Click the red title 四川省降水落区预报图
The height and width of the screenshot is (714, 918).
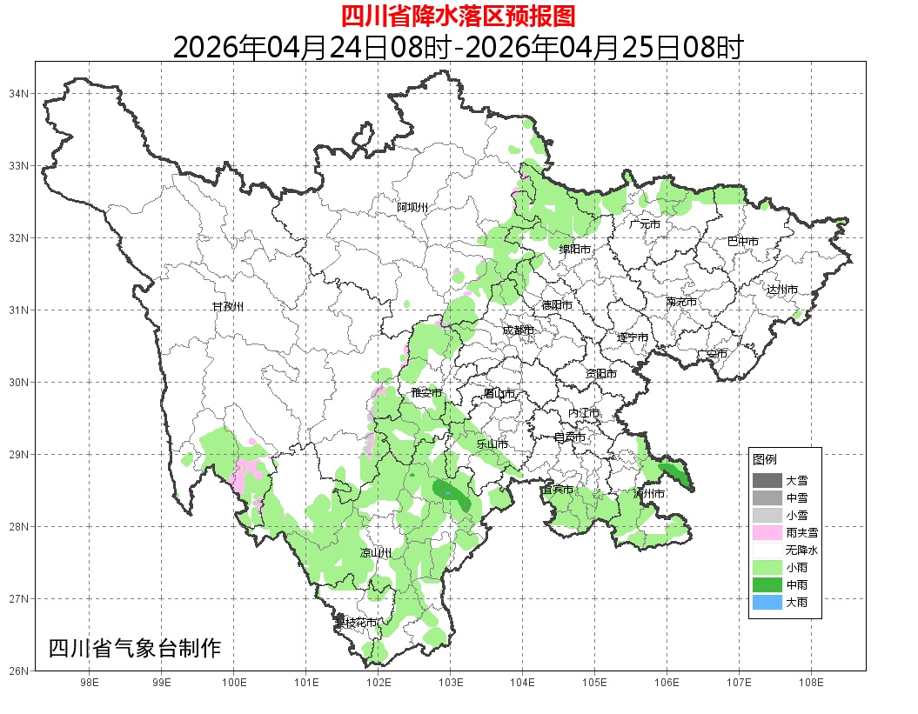click(x=458, y=16)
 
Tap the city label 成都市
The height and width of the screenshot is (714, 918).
click(x=518, y=330)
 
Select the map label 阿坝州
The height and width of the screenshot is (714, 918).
click(x=412, y=207)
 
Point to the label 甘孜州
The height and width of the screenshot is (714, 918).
click(x=228, y=307)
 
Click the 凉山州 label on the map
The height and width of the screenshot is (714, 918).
click(x=376, y=553)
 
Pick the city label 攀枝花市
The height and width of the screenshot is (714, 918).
click(x=357, y=623)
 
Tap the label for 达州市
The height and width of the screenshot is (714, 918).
click(x=782, y=290)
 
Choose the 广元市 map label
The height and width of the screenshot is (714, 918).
click(x=645, y=224)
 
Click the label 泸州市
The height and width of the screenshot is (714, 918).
click(x=649, y=494)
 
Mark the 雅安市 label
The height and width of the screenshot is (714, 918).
click(x=426, y=393)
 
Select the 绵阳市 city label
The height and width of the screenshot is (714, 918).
click(x=575, y=250)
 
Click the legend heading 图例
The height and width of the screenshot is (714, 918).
click(x=765, y=459)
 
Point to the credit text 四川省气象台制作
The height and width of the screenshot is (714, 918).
click(x=135, y=648)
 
